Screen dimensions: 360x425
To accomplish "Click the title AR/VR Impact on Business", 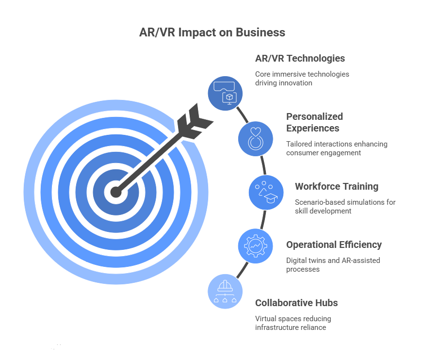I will [x=212, y=33].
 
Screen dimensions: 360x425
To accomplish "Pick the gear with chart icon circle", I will [x=254, y=245].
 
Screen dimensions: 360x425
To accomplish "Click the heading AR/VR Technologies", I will [x=300, y=58].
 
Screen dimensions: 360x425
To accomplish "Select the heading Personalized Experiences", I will [x=314, y=122].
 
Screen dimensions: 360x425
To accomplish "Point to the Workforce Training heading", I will [x=337, y=186].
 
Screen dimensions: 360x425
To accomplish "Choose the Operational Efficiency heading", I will [x=334, y=245].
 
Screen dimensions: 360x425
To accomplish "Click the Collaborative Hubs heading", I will [x=296, y=303].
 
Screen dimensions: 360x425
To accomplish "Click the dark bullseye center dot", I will [x=115, y=192].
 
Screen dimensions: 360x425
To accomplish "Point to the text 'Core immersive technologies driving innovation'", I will [x=302, y=79].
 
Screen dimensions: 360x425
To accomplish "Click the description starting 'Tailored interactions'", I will [x=337, y=148].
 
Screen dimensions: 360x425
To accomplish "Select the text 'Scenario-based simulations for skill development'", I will [x=345, y=207].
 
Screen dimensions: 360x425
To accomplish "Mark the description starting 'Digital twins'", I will [x=333, y=265].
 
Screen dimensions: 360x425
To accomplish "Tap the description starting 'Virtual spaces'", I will [x=294, y=323].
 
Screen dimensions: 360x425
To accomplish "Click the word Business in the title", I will [x=262, y=33].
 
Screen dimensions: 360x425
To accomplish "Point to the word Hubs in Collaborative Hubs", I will [x=326, y=303].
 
